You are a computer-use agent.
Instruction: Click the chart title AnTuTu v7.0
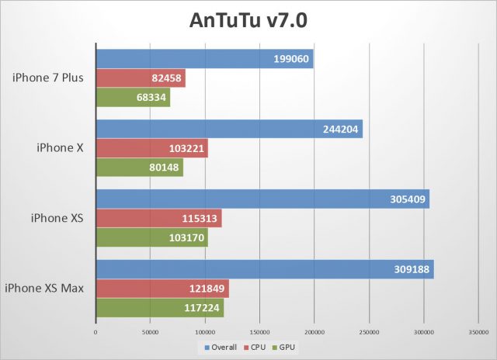click(248, 20)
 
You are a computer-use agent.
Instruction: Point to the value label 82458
click(168, 78)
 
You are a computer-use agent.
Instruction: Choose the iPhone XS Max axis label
click(44, 289)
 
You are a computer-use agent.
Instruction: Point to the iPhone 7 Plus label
click(48, 78)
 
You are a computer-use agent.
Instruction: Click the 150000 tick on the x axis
click(260, 333)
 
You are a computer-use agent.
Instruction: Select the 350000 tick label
click(479, 333)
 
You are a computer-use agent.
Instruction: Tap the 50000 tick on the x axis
click(151, 333)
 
